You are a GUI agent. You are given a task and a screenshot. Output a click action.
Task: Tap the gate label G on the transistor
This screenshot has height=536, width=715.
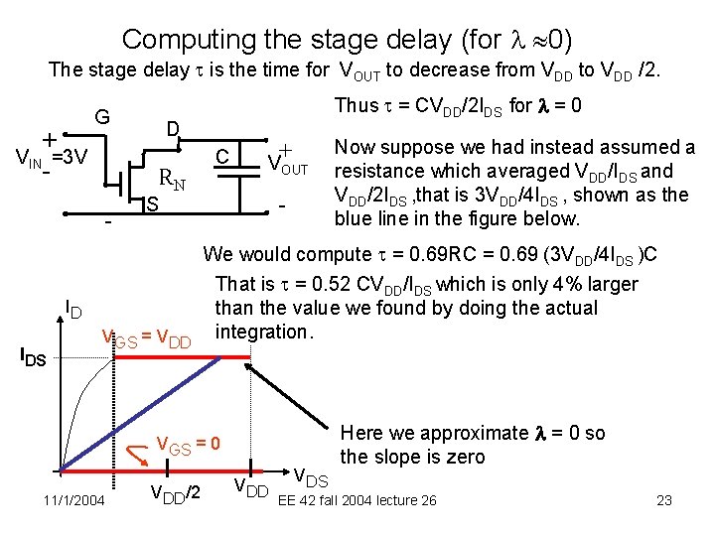tap(101, 116)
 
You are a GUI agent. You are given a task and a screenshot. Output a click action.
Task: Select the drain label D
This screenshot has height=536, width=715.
tap(172, 130)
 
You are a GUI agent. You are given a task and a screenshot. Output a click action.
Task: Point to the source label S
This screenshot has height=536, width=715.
tap(152, 204)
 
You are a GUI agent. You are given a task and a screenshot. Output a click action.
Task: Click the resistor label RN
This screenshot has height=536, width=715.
tap(173, 181)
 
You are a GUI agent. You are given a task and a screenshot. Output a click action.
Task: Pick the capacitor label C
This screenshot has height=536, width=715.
tap(224, 155)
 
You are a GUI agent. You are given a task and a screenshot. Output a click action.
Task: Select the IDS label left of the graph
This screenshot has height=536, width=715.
tap(33, 356)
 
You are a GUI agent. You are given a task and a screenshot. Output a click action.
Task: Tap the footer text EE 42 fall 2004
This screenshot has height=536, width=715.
tap(337, 500)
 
